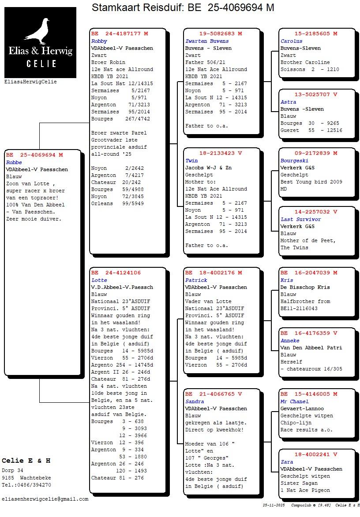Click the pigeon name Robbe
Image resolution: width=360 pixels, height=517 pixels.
click(x=14, y=162)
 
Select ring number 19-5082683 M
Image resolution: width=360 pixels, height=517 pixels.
click(x=221, y=34)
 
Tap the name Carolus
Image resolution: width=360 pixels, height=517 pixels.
click(x=292, y=41)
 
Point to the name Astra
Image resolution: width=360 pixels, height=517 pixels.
click(x=289, y=102)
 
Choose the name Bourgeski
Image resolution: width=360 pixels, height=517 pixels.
click(x=294, y=161)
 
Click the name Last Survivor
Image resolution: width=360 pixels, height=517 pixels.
click(x=301, y=219)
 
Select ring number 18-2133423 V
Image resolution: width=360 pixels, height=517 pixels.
click(x=221, y=154)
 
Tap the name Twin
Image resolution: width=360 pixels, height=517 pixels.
click(x=191, y=161)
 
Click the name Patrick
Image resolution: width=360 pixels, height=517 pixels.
click(x=196, y=280)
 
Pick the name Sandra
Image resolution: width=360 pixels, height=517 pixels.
click(x=195, y=401)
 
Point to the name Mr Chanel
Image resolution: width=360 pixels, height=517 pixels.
click(x=294, y=401)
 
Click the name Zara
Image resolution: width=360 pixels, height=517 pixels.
click(x=287, y=462)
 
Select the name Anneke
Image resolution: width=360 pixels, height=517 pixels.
click(x=290, y=341)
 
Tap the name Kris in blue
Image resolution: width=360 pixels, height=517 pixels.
click(x=287, y=280)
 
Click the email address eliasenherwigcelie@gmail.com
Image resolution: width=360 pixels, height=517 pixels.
click(x=45, y=499)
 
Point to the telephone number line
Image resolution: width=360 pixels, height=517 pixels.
click(x=26, y=485)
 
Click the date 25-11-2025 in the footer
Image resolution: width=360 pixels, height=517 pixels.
click(x=274, y=505)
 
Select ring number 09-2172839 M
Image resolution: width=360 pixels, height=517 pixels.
click(x=316, y=154)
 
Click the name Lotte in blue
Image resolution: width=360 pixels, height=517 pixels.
click(x=99, y=280)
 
